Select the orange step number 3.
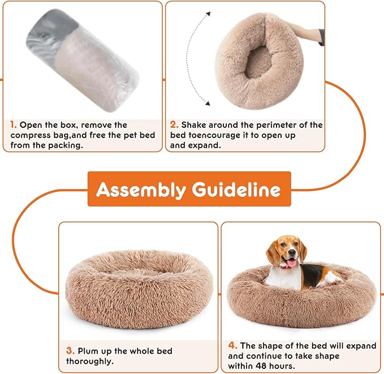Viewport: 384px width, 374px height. [70, 351]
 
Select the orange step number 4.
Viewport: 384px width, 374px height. [232, 345]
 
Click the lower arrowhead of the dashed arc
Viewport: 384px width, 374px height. [208, 103]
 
